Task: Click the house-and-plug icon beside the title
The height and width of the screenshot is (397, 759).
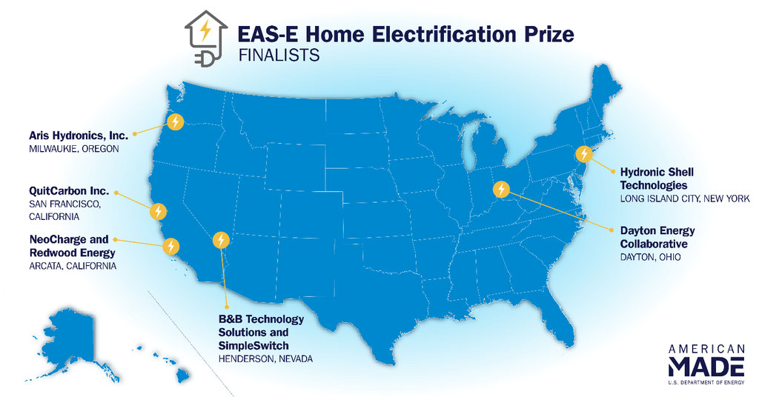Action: coord(206,39)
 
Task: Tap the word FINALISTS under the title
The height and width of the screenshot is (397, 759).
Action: coord(279,55)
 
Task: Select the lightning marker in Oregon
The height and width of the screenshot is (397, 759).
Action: coord(175,121)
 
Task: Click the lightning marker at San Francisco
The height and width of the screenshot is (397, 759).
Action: coord(159,211)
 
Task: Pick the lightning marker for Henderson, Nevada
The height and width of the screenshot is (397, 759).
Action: coord(221,239)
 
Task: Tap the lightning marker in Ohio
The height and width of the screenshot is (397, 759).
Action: coord(501,189)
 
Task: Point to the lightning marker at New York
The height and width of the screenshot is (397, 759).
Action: coord(584,154)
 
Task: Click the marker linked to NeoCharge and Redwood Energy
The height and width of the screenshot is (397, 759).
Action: coord(170,246)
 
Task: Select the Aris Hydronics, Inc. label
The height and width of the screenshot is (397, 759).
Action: coord(79,136)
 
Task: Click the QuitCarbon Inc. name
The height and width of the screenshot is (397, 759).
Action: coord(69,191)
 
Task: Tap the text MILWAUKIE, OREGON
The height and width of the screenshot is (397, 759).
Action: coord(74,149)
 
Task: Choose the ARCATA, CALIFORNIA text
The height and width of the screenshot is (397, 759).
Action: coord(73,266)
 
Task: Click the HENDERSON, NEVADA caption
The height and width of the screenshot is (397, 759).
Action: coord(265,358)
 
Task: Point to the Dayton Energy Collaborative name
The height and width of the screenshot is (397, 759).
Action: coord(657,237)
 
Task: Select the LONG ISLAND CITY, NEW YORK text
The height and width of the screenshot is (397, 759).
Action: coord(685,198)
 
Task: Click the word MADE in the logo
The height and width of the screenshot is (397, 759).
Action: coord(706,367)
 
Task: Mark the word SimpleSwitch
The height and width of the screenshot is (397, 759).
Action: coord(253,346)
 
